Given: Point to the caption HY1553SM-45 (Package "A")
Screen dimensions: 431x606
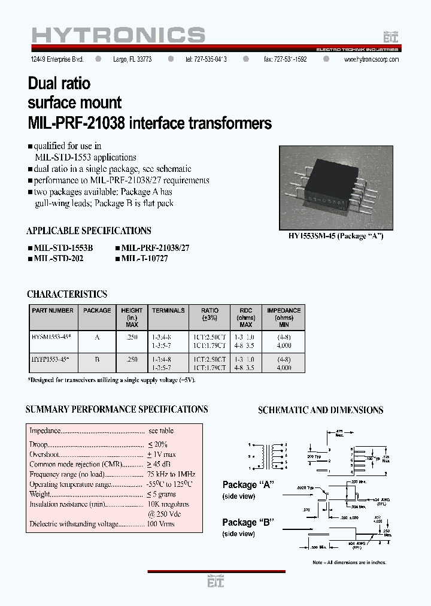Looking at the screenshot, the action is (x=336, y=236).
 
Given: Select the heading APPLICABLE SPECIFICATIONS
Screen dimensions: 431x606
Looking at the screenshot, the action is (x=89, y=231).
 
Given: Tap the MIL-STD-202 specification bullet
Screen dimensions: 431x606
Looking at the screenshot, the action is (x=55, y=258).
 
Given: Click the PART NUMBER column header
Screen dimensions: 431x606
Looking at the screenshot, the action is (x=52, y=310).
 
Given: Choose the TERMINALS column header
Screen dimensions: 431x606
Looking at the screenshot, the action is (x=168, y=310).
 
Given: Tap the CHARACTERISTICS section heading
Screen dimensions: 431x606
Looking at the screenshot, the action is (x=67, y=294).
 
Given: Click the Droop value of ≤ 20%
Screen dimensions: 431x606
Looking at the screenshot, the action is (x=157, y=444).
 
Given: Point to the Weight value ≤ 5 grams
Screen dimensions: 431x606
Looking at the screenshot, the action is (x=162, y=494).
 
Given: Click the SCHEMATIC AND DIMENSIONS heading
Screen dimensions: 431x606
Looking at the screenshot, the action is (x=320, y=410).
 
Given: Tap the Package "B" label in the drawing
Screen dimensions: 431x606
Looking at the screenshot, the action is (x=248, y=522).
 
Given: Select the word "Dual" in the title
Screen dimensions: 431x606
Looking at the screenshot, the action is (x=45, y=82).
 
